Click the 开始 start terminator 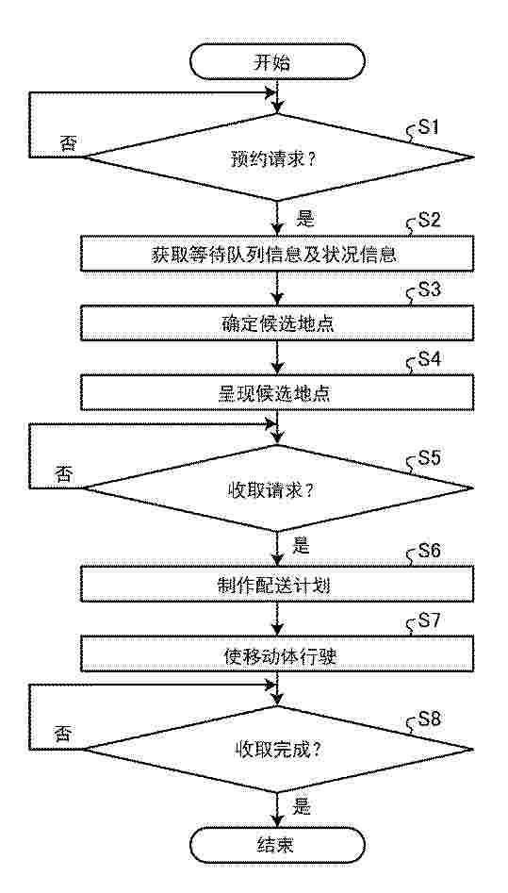click(278, 61)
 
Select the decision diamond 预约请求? click(278, 157)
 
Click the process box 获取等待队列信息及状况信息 click(278, 254)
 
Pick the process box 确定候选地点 click(278, 323)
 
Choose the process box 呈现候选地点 click(278, 394)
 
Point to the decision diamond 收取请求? click(278, 488)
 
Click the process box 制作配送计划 click(278, 584)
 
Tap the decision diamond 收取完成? click(278, 749)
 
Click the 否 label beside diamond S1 click(67, 143)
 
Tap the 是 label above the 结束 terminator click(302, 806)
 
